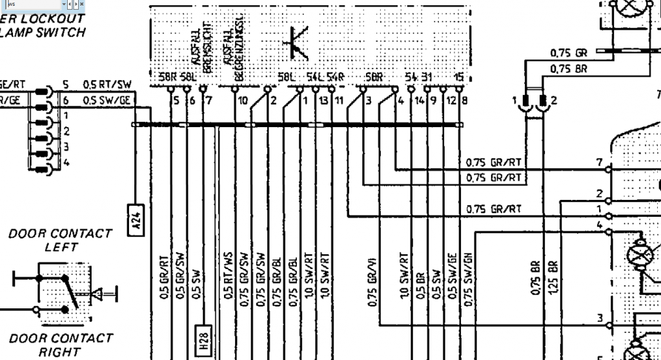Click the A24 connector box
point(136,221)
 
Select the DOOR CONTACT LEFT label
point(60,239)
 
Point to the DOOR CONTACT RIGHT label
point(60,345)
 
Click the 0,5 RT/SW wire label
point(107,85)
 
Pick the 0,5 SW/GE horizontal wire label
point(107,100)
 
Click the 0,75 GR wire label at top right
point(568,52)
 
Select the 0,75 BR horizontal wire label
point(568,68)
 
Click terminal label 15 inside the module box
point(458,77)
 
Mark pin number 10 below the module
point(242,101)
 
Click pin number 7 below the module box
point(208,101)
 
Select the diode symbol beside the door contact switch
point(97,295)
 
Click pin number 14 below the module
point(420,101)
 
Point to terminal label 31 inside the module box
point(427,77)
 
